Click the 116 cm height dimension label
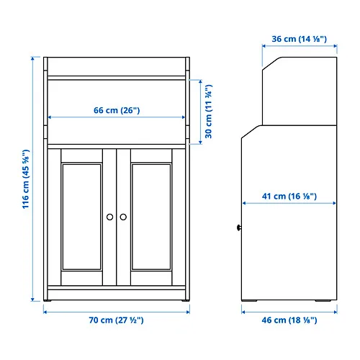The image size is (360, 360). (x=26, y=179)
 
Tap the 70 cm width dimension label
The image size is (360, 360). (x=116, y=320)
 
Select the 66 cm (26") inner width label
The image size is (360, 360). (x=117, y=110)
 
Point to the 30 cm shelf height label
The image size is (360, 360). (x=209, y=112)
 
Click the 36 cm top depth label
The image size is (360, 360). (x=300, y=39)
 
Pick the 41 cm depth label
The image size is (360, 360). (x=289, y=197)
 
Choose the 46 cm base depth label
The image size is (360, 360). (x=289, y=320)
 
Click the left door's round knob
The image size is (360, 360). (x=110, y=217)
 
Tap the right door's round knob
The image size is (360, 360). (x=123, y=217)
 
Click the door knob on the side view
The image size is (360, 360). (x=239, y=228)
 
